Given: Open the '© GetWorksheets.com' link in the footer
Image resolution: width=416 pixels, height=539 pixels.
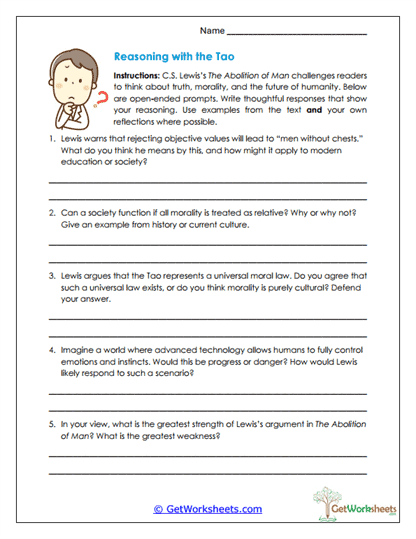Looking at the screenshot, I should pyautogui.click(x=207, y=509).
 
